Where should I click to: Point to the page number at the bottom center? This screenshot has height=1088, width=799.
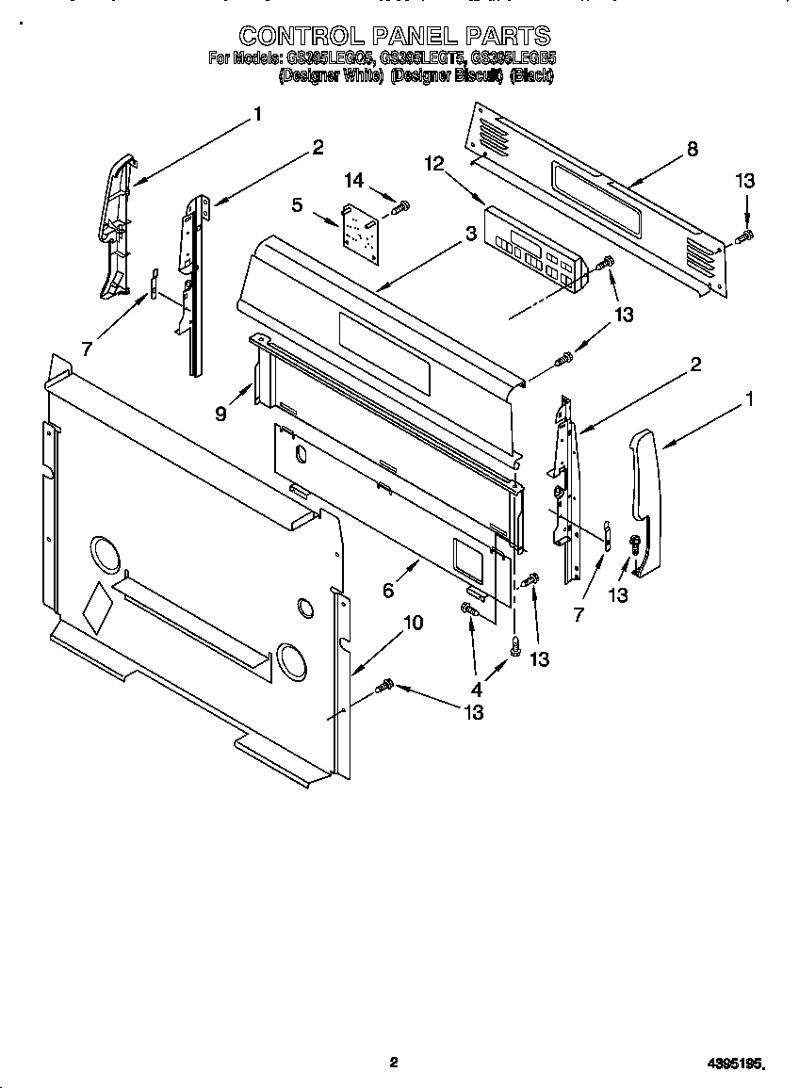394,1063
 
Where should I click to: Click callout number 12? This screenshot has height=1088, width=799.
433,164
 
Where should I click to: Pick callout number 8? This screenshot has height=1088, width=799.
693,149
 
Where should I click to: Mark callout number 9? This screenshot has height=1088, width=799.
220,412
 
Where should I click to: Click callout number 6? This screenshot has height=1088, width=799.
387,591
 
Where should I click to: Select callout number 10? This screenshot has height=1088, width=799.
413,623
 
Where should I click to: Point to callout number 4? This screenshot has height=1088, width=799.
477,689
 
